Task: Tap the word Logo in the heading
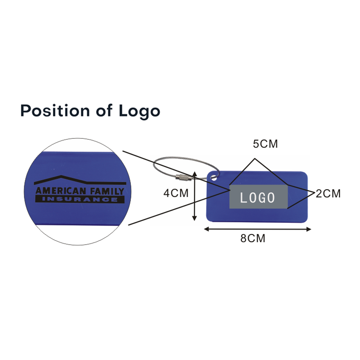pyautogui.click(x=139, y=112)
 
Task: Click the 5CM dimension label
pyautogui.click(x=265, y=144)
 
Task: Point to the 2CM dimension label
pyautogui.click(x=328, y=194)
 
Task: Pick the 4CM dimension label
pyautogui.click(x=176, y=193)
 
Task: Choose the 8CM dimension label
pyautogui.click(x=253, y=238)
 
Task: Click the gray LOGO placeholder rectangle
pyautogui.click(x=258, y=197)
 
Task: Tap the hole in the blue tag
pyautogui.click(x=214, y=178)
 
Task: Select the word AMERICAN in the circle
pyautogui.click(x=61, y=191)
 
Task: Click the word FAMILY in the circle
pyautogui.click(x=107, y=191)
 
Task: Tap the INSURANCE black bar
pyautogui.click(x=79, y=199)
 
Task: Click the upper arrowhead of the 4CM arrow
pyautogui.click(x=194, y=173)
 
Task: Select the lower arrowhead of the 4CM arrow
pyautogui.click(x=194, y=218)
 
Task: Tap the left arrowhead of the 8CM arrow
pyautogui.click(x=206, y=229)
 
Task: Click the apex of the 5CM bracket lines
pyautogui.click(x=255, y=158)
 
